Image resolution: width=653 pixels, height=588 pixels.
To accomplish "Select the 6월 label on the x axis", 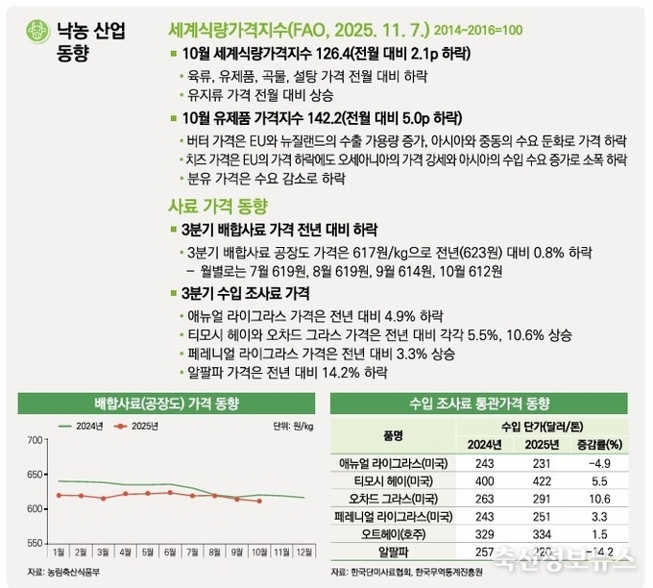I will click(169, 551).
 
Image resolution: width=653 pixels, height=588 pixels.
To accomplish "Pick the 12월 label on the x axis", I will click(304, 551).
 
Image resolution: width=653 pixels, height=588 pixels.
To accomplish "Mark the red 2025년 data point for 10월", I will click(258, 501).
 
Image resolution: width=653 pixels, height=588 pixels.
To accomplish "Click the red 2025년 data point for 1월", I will click(60, 496).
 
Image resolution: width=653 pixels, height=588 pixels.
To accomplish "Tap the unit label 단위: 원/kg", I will click(294, 424).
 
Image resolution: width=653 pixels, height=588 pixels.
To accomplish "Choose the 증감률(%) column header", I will click(598, 444).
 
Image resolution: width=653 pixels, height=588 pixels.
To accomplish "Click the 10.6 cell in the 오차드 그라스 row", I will click(598, 498).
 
